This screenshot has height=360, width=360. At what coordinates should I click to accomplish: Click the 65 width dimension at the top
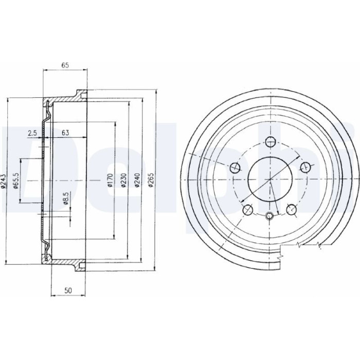(65, 65)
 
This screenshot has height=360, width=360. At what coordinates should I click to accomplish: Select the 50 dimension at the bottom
(68, 291)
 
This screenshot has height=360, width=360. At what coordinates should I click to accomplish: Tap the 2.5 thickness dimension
(32, 133)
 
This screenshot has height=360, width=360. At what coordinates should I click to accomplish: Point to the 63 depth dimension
(65, 133)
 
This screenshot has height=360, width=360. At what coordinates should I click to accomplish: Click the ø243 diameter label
(4, 181)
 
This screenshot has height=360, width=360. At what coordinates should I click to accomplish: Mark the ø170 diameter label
(110, 180)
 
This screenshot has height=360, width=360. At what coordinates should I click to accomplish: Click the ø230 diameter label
(124, 180)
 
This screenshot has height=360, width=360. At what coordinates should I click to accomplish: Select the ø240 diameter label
(137, 180)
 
